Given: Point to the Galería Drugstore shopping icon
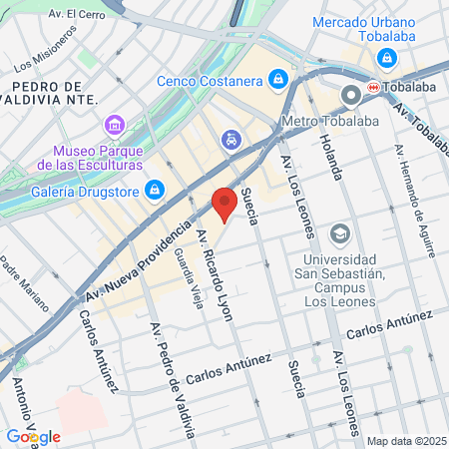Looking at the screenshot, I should (x=155, y=189).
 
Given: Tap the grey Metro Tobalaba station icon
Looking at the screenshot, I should (x=351, y=97).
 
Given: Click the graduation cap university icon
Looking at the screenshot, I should (x=340, y=232).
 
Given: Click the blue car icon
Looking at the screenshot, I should (x=231, y=140).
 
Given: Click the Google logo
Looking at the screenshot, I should (x=33, y=436).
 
